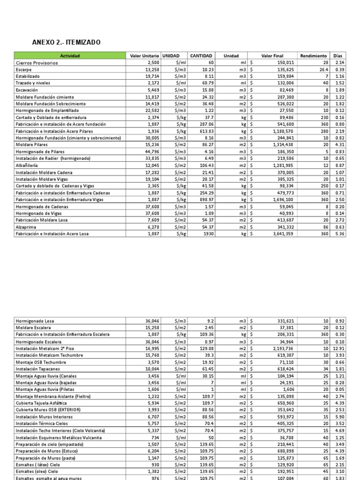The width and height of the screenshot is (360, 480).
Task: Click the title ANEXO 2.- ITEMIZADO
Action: point(66,43)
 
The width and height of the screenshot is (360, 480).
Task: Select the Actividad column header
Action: point(70,56)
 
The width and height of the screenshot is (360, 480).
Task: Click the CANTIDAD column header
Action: point(201,56)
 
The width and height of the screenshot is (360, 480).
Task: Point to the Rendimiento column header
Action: point(313,56)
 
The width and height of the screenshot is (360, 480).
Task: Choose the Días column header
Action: point(337,56)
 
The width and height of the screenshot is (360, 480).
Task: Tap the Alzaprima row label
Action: point(25,226)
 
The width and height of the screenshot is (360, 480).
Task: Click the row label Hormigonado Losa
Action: point(35,321)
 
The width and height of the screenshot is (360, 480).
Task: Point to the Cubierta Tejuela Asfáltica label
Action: point(41,403)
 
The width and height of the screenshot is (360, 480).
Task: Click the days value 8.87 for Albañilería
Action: point(339,165)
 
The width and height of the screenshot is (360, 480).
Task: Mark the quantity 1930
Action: point(207,233)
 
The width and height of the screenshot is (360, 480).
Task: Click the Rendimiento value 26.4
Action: point(323,69)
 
